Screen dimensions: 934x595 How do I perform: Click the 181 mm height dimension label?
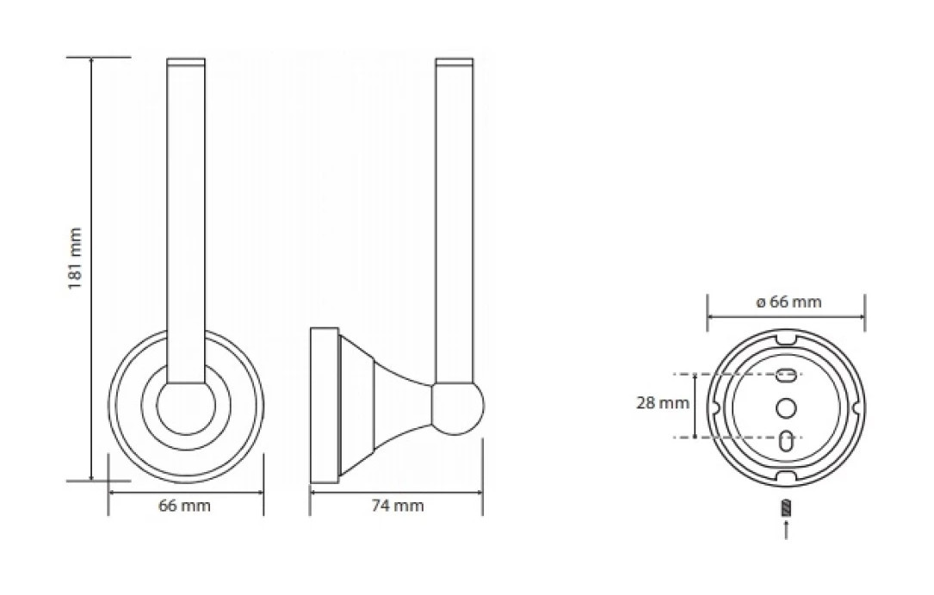(74, 258)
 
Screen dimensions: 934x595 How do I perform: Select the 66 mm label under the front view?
(184, 506)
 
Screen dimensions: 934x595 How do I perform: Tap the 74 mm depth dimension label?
(398, 506)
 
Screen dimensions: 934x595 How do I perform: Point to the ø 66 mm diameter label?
(789, 302)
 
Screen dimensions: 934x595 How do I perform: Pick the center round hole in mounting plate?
(786, 408)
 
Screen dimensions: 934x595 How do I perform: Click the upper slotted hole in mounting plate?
(786, 376)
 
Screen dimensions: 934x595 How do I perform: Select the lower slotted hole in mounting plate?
(786, 441)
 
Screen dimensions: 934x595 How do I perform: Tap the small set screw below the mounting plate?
(786, 508)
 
